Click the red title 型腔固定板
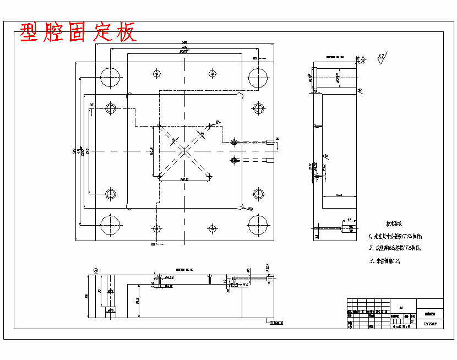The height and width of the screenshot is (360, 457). click(78, 33)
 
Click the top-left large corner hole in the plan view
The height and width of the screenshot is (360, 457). click(110, 77)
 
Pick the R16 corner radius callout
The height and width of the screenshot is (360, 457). click(250, 209)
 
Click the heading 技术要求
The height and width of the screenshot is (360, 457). click(394, 224)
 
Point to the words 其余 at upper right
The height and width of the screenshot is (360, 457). click(361, 58)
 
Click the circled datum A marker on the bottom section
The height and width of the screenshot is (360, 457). click(96, 269)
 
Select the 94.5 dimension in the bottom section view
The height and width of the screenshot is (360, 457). click(137, 301)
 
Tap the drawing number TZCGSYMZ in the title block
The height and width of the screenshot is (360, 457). click(429, 325)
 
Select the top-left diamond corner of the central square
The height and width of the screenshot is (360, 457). click(159, 126)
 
